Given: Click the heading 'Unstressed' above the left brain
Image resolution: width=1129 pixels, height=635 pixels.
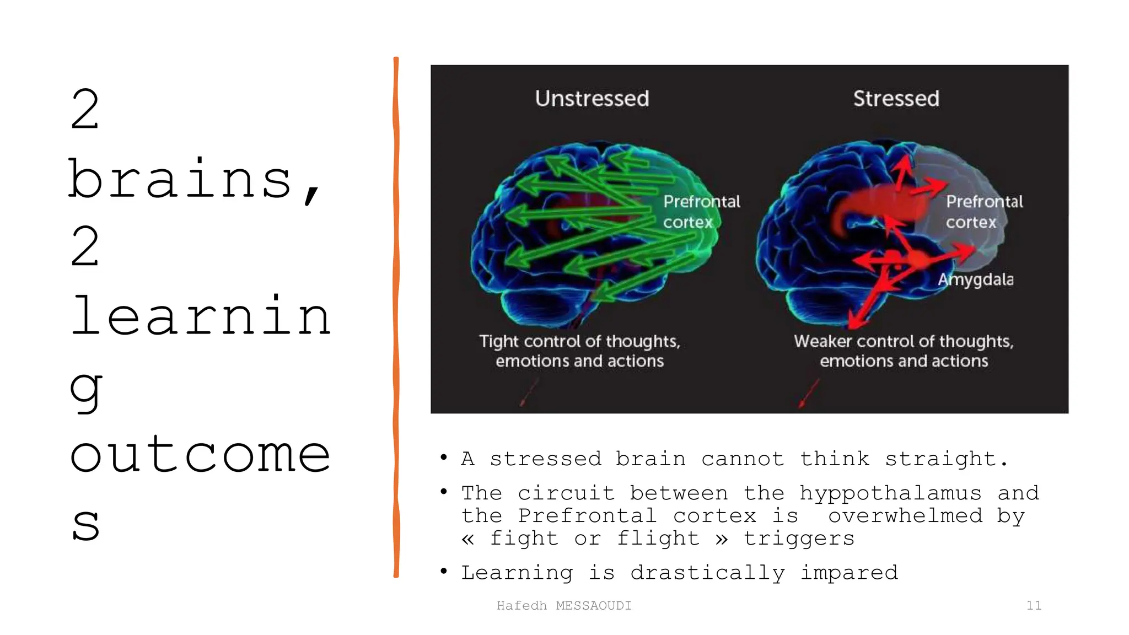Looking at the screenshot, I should (592, 99).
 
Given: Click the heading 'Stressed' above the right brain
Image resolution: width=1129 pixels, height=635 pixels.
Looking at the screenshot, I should (896, 99).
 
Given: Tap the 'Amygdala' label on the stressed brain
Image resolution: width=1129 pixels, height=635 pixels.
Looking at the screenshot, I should (975, 279).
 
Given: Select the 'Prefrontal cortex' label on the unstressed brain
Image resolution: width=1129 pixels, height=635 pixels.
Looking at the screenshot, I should (701, 212).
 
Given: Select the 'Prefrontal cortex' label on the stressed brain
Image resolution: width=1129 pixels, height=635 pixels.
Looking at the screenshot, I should (984, 212).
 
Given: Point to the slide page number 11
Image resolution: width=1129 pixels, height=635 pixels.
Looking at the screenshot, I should (1034, 605).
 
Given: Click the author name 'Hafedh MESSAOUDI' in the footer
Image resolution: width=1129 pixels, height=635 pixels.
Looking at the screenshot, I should (563, 605).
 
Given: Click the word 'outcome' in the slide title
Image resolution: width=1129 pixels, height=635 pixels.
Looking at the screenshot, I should (200, 454).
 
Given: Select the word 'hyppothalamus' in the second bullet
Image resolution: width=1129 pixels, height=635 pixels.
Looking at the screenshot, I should (890, 492).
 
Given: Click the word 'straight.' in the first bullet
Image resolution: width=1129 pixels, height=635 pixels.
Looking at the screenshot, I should (947, 459).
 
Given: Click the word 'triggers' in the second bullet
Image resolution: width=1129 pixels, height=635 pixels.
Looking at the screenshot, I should (799, 538).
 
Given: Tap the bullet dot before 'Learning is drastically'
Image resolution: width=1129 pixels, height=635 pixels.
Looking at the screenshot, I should (444, 571).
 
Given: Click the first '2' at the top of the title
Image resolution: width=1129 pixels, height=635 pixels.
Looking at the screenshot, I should (85, 110).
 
